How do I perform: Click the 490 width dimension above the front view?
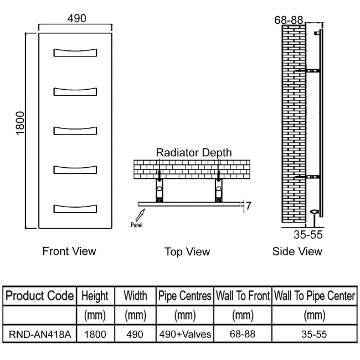click(76, 18)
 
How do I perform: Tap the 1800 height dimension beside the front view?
click(20, 124)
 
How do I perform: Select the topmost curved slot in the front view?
click(75, 53)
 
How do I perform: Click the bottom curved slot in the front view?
click(75, 209)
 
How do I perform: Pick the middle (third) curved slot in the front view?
click(75, 131)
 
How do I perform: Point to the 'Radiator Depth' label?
click(194, 153)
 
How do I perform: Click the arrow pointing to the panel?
click(140, 215)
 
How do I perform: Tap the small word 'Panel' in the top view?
click(136, 225)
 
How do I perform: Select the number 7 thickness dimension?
click(249, 205)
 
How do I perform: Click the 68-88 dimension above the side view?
click(289, 20)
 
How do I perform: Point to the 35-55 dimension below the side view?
click(308, 235)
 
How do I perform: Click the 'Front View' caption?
click(69, 251)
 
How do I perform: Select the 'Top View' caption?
click(187, 252)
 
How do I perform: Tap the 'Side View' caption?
click(297, 251)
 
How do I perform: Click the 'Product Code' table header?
click(39, 296)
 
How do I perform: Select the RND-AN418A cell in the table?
click(40, 335)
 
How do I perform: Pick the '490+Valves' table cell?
click(185, 335)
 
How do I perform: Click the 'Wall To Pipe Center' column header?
click(315, 296)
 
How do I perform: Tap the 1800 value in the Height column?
click(95, 335)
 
